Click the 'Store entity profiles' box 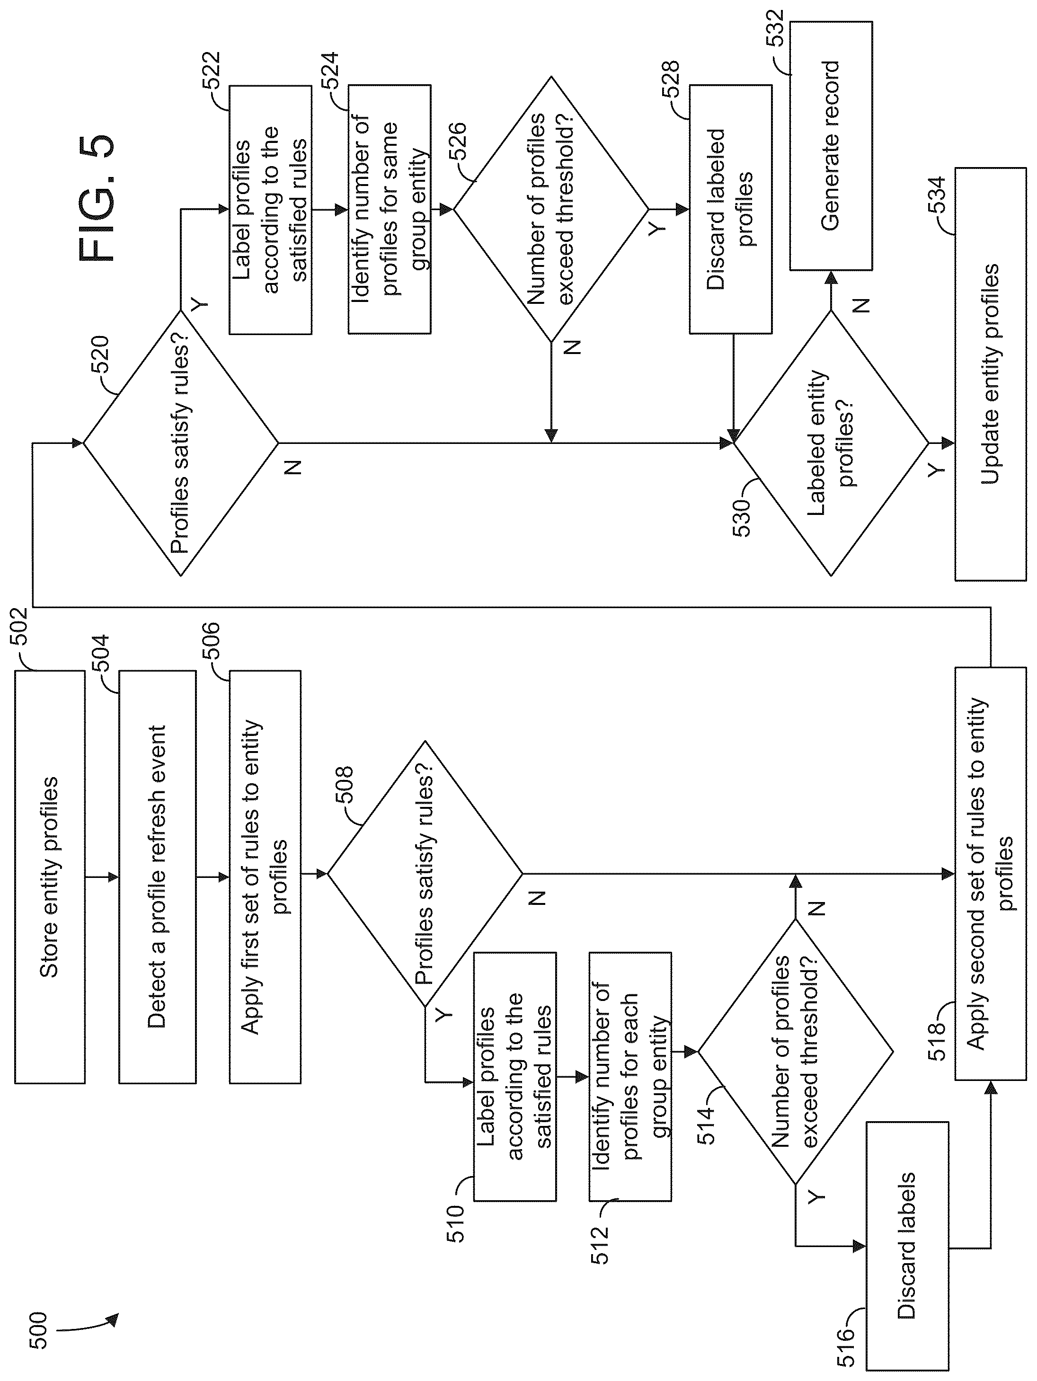pos(49,876)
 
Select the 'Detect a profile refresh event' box pos(157,876)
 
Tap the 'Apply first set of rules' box pos(265,876)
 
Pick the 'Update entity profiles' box pos(990,374)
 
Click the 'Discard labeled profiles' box pos(730,209)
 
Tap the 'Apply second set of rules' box pos(990,874)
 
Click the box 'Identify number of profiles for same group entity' pos(390,209)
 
